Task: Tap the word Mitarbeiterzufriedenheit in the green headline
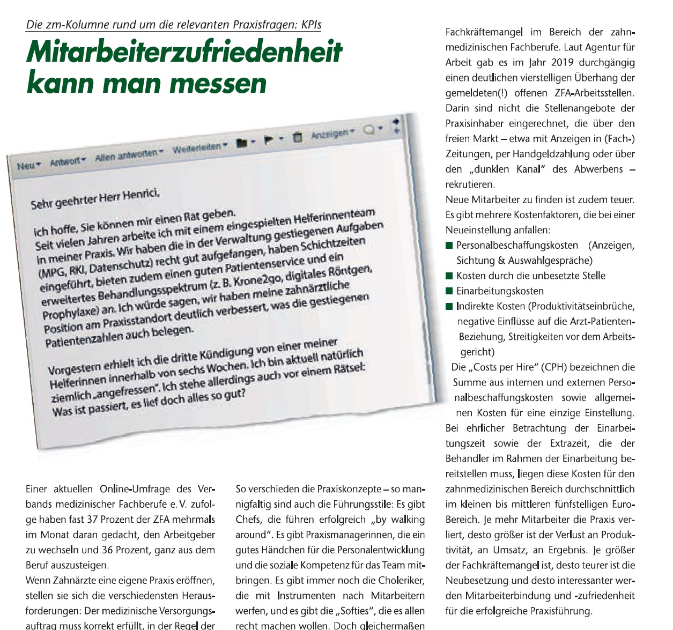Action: tap(184, 53)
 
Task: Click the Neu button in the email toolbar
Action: tap(28, 165)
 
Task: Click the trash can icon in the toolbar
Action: tap(298, 137)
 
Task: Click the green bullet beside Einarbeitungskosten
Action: tap(449, 291)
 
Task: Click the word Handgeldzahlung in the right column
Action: tap(552, 154)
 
